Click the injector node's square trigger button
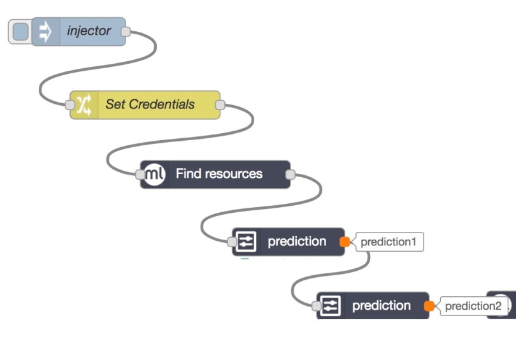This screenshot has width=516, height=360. pos(20,32)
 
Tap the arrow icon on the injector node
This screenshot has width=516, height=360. pos(46,32)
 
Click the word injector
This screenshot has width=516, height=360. pos(89,31)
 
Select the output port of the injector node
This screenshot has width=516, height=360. pos(125,31)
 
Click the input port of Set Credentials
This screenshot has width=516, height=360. pos(70,104)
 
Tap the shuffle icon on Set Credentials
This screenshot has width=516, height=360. pos(83,104)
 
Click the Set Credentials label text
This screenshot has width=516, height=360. pos(150,104)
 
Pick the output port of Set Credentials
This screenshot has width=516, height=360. pos(220,104)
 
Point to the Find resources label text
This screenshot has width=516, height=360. pos(219,174)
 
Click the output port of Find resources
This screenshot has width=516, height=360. pos(290,174)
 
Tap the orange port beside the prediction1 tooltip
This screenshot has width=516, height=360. pos(345,242)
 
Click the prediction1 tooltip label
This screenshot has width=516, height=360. pos(389,242)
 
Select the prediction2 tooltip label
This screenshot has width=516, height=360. pos(473,306)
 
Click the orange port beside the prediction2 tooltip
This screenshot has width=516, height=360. pos(429,306)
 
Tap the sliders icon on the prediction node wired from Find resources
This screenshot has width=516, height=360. pos(246,242)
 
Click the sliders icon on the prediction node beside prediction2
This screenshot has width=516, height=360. pos(330,306)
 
